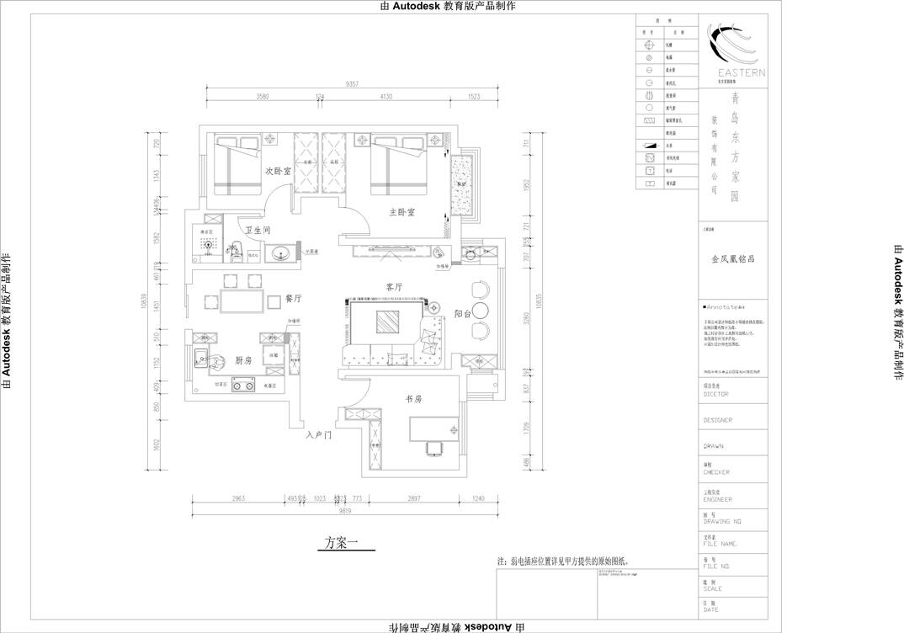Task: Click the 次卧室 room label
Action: tap(278, 171)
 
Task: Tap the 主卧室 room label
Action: tap(401, 212)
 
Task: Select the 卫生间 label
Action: tap(258, 230)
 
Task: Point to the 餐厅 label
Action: tap(293, 298)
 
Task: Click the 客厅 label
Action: tap(394, 287)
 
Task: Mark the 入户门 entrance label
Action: tap(320, 436)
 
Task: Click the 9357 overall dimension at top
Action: tap(352, 84)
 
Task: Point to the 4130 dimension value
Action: tap(386, 98)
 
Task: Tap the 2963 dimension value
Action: tap(238, 499)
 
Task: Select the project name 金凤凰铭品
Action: tap(731, 259)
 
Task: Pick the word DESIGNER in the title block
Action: tap(717, 420)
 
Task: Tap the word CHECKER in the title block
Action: tap(716, 472)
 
